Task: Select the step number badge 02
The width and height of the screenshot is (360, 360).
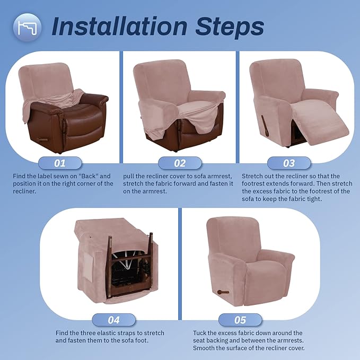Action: pos(180,163)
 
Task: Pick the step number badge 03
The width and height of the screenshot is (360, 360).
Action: pos(288,163)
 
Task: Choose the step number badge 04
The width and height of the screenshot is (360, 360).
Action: pos(113,320)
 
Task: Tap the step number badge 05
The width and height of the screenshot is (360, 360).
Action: pos(240,320)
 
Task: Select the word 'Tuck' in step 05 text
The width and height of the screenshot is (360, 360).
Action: pos(200,333)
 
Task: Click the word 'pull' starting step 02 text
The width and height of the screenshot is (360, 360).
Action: pos(129,175)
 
